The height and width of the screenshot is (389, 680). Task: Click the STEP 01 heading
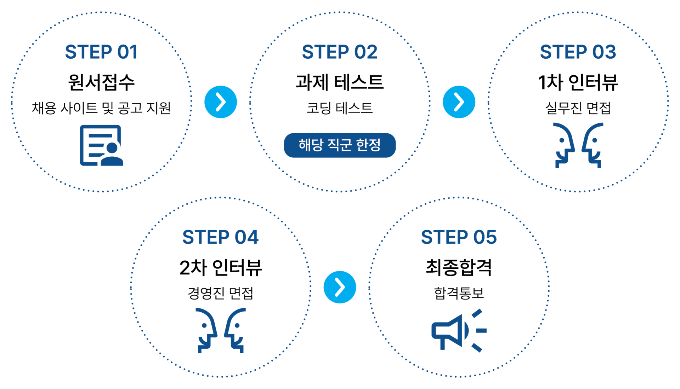click(101, 52)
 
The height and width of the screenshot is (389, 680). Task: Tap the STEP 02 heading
click(339, 52)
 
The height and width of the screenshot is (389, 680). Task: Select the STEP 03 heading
click(578, 52)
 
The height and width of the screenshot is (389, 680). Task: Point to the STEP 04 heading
click(220, 237)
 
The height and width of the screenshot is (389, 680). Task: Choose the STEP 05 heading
click(459, 237)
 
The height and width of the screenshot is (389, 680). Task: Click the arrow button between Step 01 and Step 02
click(221, 102)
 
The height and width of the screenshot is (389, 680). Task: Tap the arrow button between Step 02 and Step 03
click(459, 102)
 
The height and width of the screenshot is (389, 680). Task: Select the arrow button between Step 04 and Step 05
click(340, 287)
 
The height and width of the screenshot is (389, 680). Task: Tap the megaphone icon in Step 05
click(450, 331)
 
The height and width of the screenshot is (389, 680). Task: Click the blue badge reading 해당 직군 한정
click(340, 145)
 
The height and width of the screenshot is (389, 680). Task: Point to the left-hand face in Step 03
click(564, 145)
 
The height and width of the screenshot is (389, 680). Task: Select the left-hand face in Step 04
click(206, 330)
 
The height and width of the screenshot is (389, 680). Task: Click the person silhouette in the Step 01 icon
click(112, 155)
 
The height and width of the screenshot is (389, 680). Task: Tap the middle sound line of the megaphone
click(481, 331)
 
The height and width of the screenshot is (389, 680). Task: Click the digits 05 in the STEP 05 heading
click(485, 237)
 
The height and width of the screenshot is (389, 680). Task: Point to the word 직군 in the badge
click(339, 145)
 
